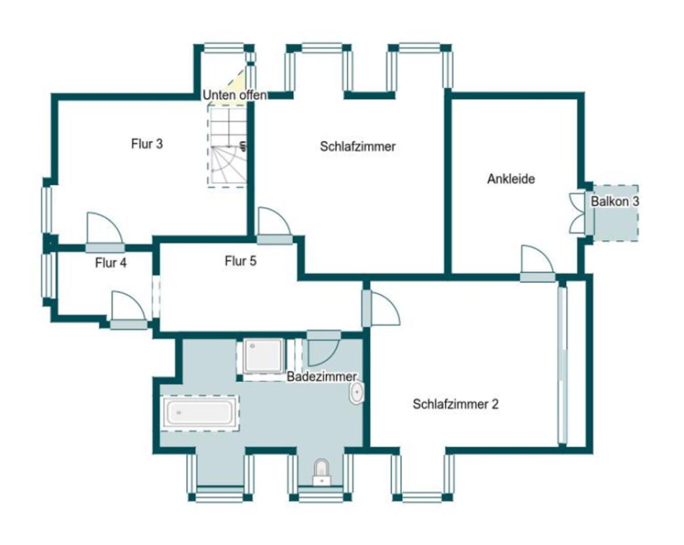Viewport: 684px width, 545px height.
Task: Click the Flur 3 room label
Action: tap(147, 144)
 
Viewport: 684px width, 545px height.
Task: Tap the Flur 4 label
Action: tap(111, 263)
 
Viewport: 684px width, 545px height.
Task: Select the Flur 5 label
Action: tap(241, 261)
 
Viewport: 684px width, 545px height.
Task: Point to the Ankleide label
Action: tap(511, 179)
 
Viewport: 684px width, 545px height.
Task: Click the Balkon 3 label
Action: tap(615, 202)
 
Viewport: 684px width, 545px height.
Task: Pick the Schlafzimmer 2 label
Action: tap(455, 404)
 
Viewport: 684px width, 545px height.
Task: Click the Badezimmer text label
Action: tap(321, 376)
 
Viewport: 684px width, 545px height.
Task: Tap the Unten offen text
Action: tap(235, 95)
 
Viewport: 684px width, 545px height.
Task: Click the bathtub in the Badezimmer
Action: tap(200, 413)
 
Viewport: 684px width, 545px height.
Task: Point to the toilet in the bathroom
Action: tap(322, 472)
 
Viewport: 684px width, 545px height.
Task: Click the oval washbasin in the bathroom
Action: tap(356, 393)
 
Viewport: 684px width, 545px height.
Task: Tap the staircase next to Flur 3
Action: tap(227, 146)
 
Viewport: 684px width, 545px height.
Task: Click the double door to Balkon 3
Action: tap(578, 214)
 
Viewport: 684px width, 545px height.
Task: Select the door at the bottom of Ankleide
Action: tap(538, 264)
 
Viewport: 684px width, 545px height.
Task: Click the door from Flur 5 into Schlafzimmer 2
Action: tap(380, 309)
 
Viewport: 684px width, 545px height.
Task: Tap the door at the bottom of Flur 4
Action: tap(129, 311)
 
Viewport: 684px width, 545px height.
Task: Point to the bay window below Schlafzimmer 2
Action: tap(422, 477)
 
